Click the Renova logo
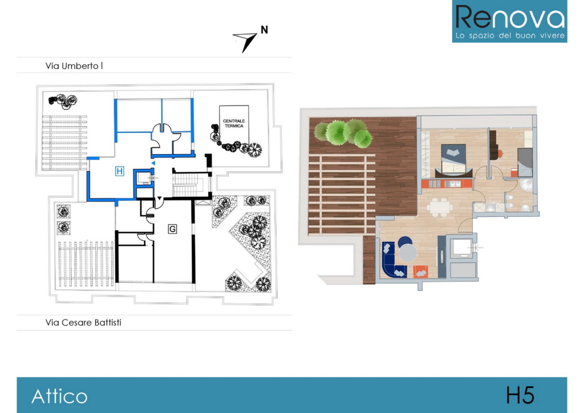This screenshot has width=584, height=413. (x=509, y=21)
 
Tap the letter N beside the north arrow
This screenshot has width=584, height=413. (x=264, y=30)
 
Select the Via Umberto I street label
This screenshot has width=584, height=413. (x=74, y=66)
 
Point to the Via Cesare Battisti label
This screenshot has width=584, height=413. (x=83, y=322)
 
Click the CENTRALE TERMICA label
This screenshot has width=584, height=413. (x=234, y=123)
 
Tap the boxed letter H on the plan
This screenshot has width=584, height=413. (x=120, y=171)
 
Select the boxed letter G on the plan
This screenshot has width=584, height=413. (x=172, y=229)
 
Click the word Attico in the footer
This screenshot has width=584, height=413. (x=59, y=396)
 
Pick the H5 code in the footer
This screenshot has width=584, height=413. (x=520, y=395)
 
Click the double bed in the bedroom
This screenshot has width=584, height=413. (x=454, y=160)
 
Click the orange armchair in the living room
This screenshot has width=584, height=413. (x=420, y=272)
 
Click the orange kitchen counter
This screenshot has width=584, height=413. (x=447, y=184)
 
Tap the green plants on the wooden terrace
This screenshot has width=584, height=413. (x=343, y=133)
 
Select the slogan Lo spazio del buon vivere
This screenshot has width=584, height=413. (x=510, y=36)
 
